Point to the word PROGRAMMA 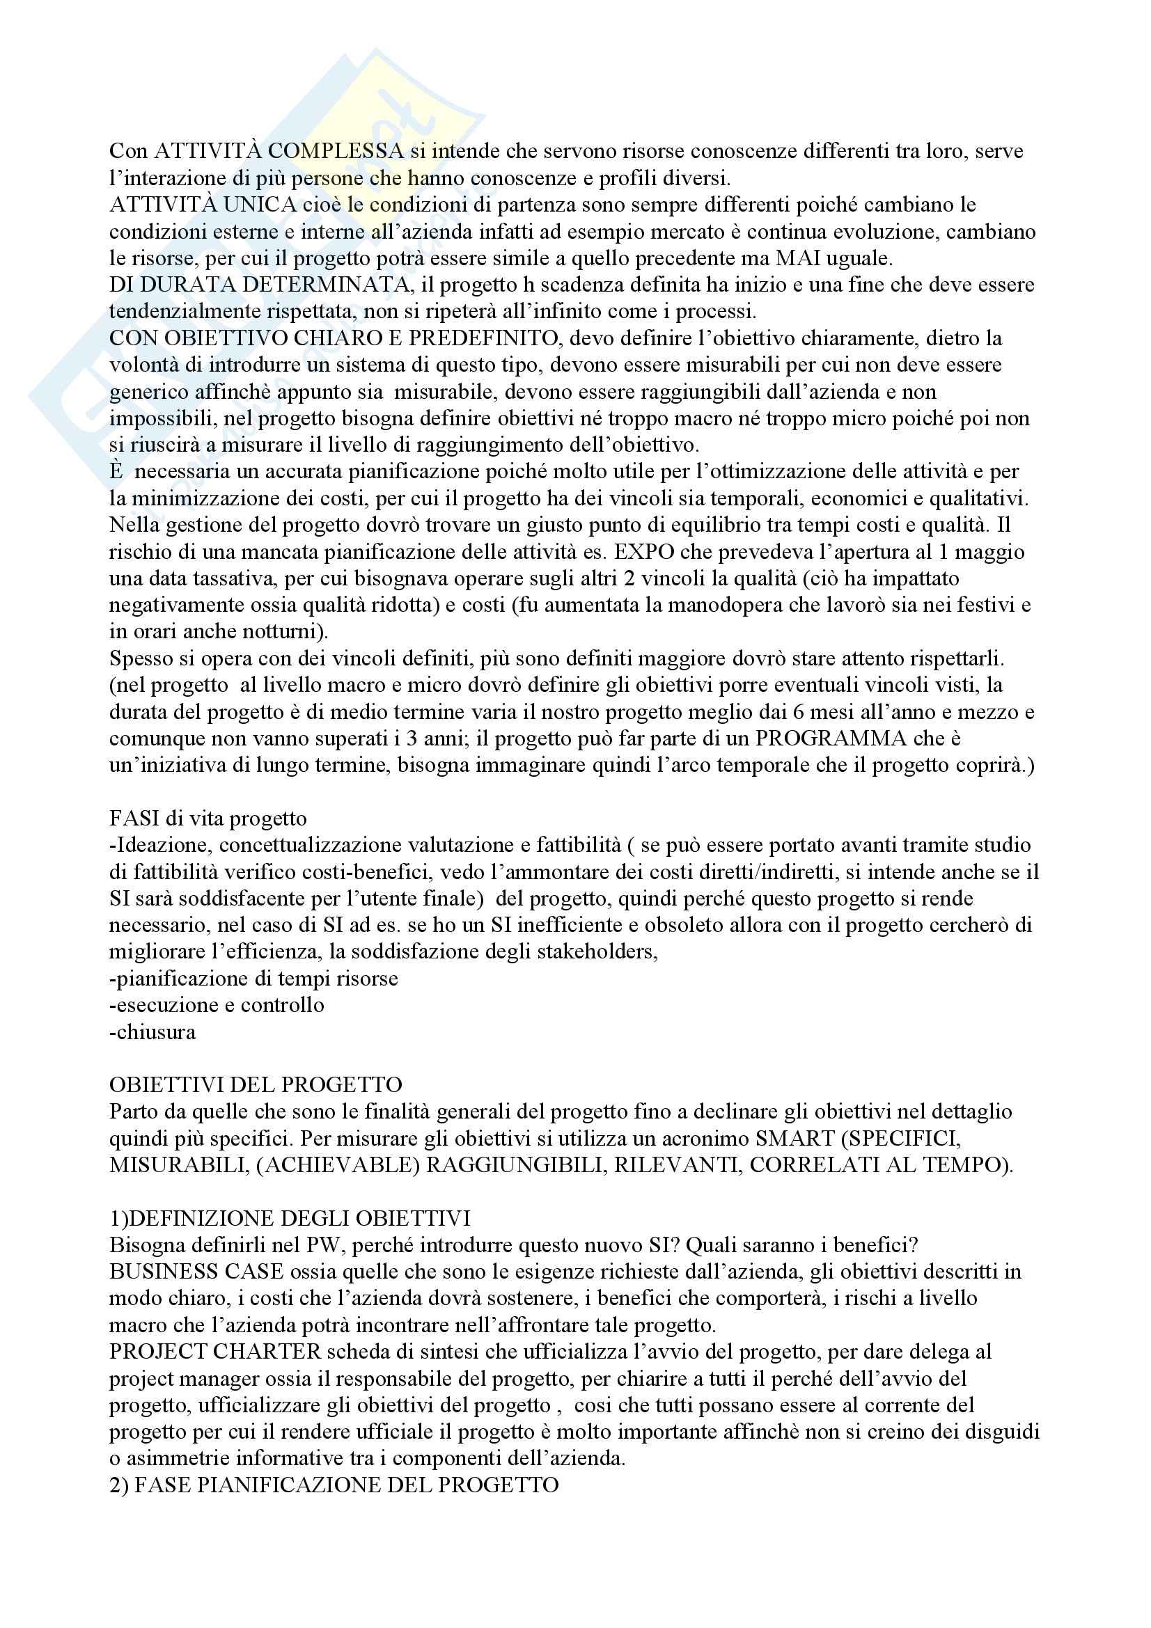point(831,739)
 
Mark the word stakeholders point(597,951)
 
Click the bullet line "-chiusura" point(152,1032)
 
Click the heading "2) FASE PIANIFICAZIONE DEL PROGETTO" point(334,1485)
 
